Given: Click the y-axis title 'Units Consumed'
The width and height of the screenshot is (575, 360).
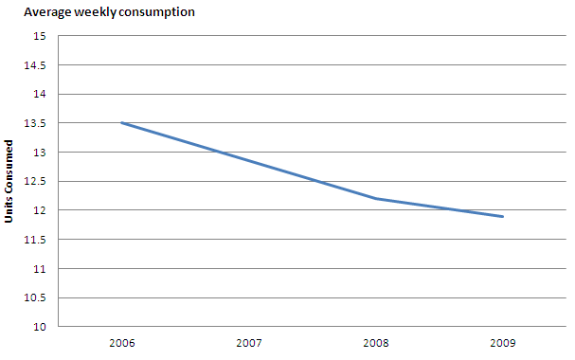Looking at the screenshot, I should point(9,182).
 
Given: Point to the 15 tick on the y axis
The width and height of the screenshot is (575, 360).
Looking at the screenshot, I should point(40,36).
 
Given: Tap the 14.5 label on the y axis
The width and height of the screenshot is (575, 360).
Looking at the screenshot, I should point(36,65).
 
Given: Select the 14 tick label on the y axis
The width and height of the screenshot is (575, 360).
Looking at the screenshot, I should point(40,95).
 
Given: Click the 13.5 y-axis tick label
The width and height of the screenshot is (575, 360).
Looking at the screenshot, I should point(36,123).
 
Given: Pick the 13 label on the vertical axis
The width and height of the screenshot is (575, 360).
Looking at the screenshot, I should point(40,153).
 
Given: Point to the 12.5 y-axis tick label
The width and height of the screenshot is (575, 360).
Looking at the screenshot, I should point(36,182).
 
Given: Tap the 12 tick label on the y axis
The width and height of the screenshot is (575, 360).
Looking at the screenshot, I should point(40,210).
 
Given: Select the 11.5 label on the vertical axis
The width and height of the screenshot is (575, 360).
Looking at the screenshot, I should point(36,240).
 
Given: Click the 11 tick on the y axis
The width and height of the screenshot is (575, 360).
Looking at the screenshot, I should point(40,269).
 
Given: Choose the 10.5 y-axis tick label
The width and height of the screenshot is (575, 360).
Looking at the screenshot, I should point(36,297).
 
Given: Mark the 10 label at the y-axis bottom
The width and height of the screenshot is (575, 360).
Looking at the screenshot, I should point(40,327).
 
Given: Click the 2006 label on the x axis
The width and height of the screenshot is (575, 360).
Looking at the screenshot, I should point(122,342).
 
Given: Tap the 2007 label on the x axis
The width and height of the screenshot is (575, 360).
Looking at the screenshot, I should point(249,342).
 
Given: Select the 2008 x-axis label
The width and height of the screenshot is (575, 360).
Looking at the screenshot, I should point(376,342).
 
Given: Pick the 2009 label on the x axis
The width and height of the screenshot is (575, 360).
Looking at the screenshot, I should point(503,342).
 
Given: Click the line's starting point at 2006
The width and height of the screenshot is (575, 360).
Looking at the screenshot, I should point(122,123).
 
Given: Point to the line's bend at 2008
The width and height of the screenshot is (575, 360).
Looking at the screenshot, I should point(376,199).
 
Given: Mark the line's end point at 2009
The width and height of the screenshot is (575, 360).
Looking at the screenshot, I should point(503,217).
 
